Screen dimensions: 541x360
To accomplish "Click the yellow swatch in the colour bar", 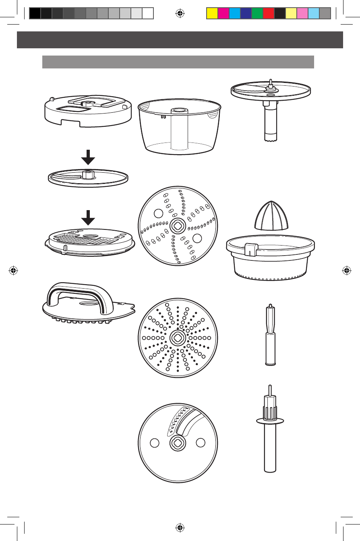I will (x=212, y=14).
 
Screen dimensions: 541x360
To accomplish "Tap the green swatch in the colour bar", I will (x=257, y=14).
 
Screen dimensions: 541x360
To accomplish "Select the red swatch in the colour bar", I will (x=268, y=14).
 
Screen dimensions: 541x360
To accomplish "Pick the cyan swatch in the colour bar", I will (x=234, y=14).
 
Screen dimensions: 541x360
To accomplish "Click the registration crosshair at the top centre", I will (x=180, y=13).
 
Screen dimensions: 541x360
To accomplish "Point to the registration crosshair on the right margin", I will (x=346, y=270).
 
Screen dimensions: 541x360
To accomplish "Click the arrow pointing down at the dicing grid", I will (x=88, y=218).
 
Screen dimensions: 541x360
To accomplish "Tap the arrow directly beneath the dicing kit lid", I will (x=88, y=157).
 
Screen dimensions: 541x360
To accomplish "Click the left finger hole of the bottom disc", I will (x=153, y=442).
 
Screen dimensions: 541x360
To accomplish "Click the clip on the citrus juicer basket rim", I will (x=250, y=249).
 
